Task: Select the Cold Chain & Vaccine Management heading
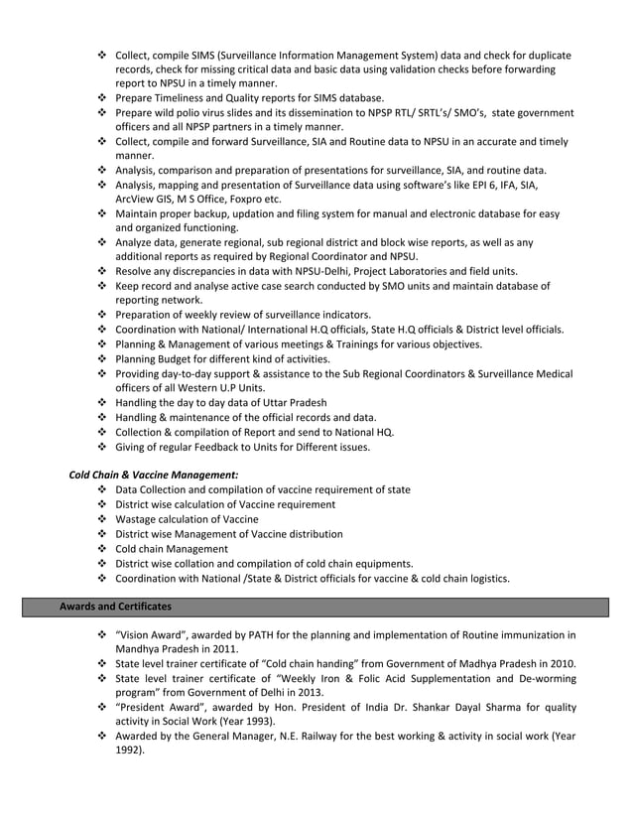(x=153, y=475)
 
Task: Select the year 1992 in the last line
(x=128, y=751)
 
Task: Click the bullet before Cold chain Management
(x=102, y=548)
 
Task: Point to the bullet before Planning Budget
(x=102, y=358)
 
